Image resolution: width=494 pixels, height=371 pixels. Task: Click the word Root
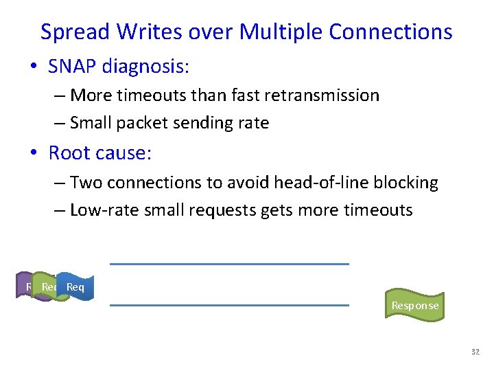(69, 153)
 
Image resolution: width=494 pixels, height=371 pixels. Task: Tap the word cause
(125, 153)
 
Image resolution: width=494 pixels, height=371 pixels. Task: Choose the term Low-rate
(104, 210)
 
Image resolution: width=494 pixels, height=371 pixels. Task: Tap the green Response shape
(414, 305)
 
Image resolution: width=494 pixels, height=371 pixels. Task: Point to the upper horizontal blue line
(229, 264)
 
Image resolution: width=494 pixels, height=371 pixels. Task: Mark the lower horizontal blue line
(229, 304)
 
